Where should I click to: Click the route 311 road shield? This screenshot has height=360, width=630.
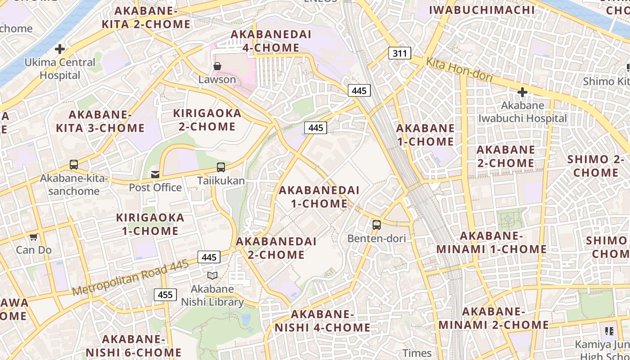[400, 54]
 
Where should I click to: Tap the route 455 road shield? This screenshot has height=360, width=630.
[165, 295]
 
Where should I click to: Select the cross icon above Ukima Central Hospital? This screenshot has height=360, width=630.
[60, 49]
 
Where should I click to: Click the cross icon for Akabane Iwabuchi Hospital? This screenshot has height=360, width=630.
[522, 93]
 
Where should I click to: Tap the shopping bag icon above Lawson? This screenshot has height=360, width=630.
[217, 66]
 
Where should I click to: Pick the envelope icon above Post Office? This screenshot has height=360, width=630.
[155, 174]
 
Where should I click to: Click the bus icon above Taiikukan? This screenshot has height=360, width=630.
[221, 167]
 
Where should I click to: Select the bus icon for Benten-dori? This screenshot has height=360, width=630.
[377, 225]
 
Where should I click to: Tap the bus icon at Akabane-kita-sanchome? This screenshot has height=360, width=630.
[74, 165]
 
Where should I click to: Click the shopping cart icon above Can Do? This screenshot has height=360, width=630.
[33, 237]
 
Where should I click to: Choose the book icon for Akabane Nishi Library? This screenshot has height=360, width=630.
[212, 275]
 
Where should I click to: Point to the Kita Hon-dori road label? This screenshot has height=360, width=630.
[459, 70]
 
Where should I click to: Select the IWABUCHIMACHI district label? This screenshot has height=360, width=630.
[482, 9]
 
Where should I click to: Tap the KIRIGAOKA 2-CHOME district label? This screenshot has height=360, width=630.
[207, 120]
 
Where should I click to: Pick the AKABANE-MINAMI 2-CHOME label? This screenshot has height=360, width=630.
[494, 318]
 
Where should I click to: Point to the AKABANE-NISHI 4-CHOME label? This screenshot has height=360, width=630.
[322, 321]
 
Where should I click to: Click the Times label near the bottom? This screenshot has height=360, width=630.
[417, 353]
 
